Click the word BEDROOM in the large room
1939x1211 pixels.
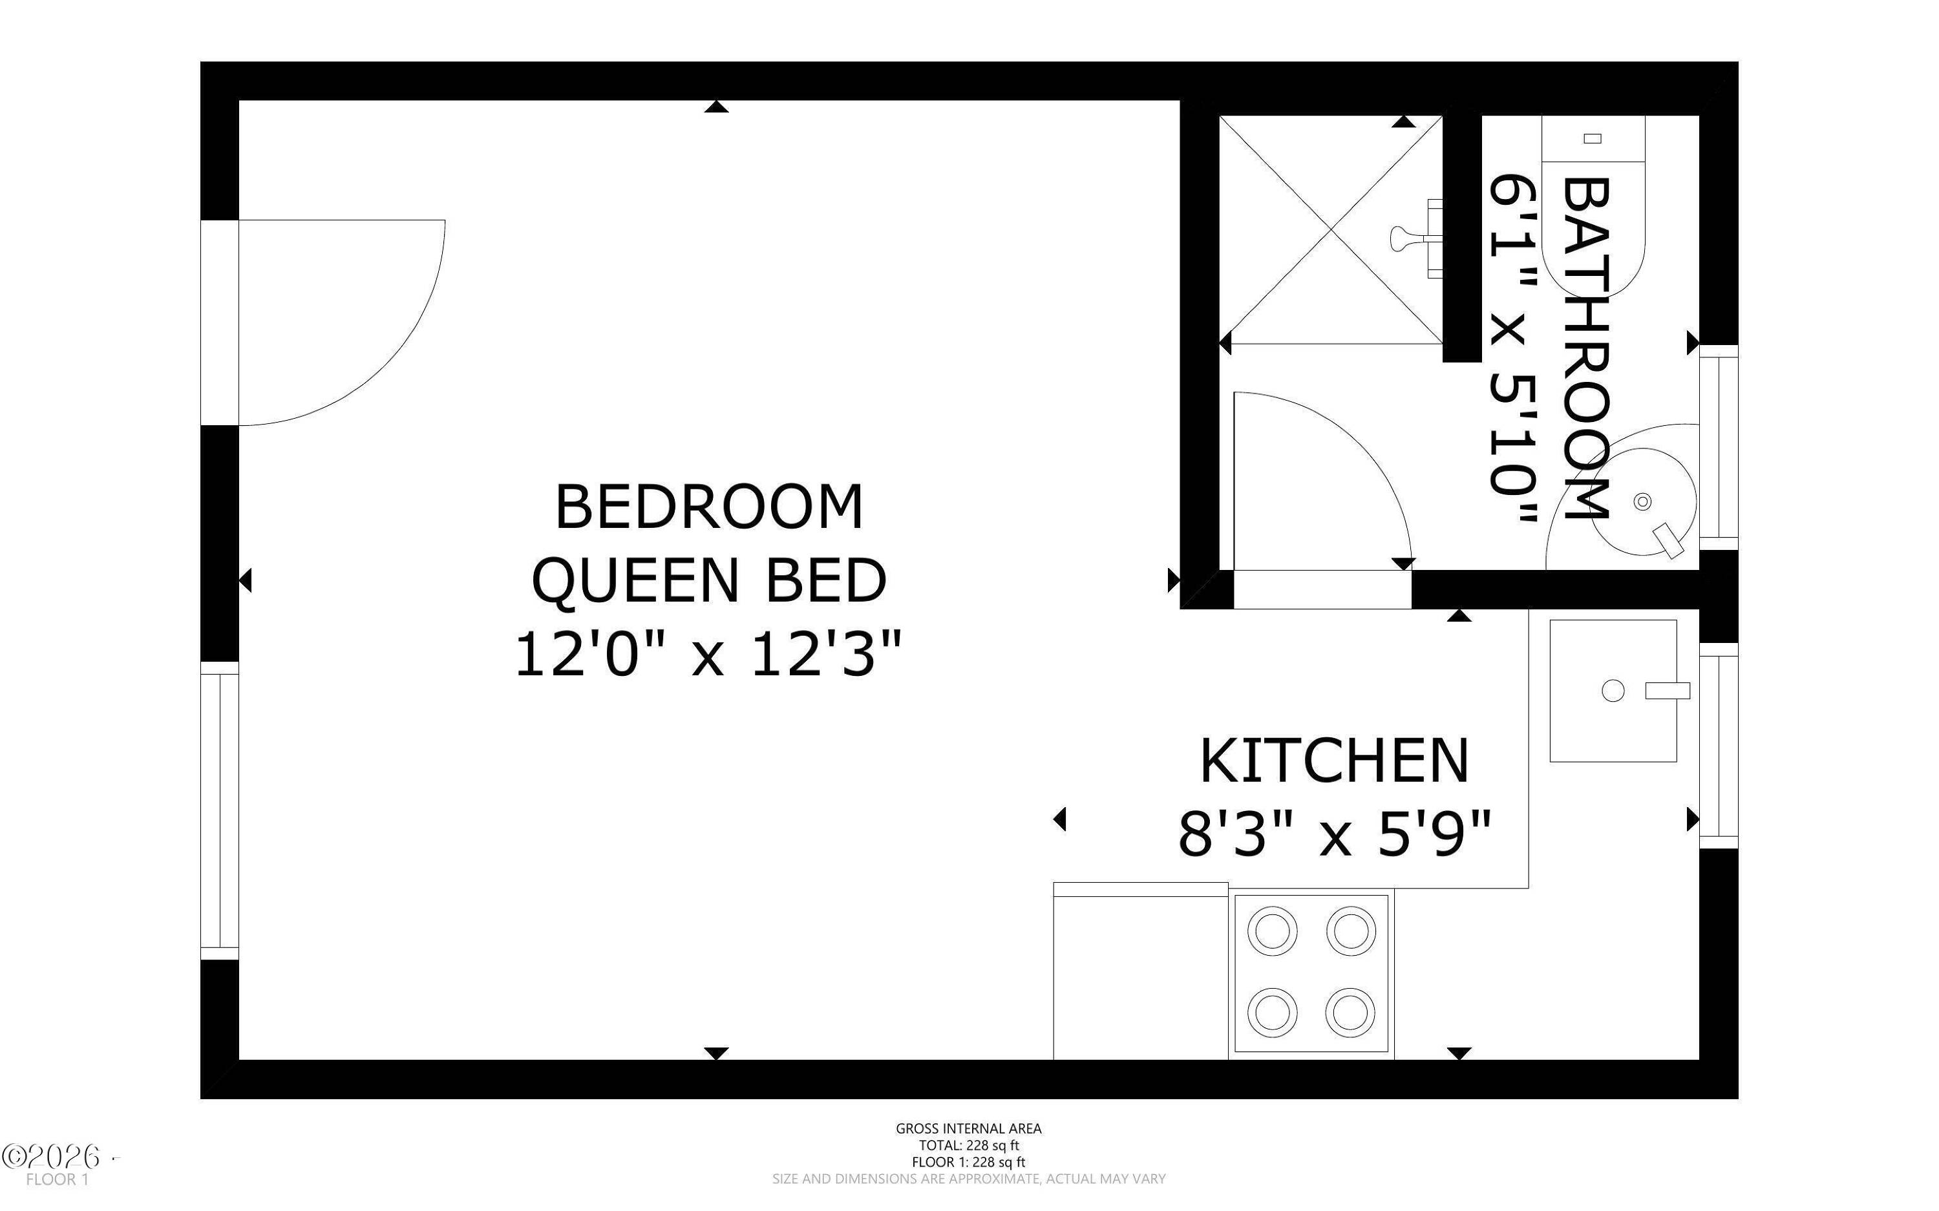click(x=709, y=507)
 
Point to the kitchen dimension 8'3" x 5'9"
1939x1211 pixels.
click(x=1334, y=834)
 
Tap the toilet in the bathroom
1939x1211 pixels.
click(x=1593, y=204)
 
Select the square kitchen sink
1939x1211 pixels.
click(x=1613, y=690)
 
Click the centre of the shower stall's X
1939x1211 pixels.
click(x=1330, y=230)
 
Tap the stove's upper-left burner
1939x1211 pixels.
click(x=1272, y=931)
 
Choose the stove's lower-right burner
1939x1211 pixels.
click(x=1350, y=1010)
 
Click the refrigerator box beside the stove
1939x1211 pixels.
click(x=1141, y=971)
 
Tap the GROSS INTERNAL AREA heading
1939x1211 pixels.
click(x=968, y=1128)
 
